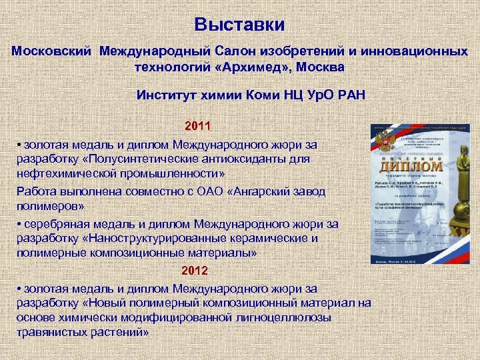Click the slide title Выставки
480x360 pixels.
(240, 25)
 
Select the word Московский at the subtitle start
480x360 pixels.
(53, 51)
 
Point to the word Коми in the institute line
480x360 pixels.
(246, 95)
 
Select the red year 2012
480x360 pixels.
(195, 271)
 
